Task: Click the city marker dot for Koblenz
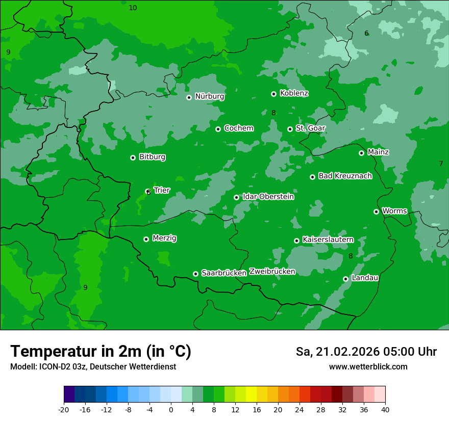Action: click(x=273, y=94)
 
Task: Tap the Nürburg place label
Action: click(x=209, y=96)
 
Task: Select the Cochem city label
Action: click(x=238, y=128)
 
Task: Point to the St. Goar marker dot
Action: click(x=290, y=129)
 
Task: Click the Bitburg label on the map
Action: click(x=152, y=157)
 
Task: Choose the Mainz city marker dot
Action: click(x=361, y=153)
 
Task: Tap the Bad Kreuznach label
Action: click(x=345, y=176)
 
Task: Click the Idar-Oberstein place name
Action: click(x=268, y=197)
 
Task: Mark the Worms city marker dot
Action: click(x=376, y=211)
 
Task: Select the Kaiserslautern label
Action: click(x=328, y=240)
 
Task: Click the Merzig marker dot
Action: click(x=146, y=239)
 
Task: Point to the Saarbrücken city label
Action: click(x=224, y=273)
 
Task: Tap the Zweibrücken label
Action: click(x=272, y=272)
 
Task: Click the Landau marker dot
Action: click(x=345, y=279)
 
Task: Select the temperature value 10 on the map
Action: click(x=133, y=8)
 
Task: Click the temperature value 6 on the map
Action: click(x=366, y=34)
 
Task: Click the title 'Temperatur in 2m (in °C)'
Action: click(x=101, y=352)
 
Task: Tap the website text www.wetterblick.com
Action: click(x=368, y=367)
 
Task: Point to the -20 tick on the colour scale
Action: click(x=64, y=410)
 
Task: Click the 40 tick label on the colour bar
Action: click(x=385, y=410)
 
